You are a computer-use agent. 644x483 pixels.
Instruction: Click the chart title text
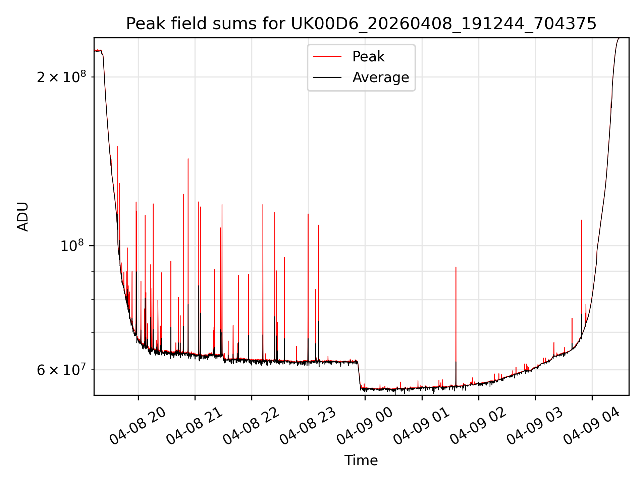[x=361, y=24]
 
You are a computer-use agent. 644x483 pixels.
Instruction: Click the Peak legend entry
[x=368, y=57]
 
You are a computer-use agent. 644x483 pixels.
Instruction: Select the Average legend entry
[x=380, y=77]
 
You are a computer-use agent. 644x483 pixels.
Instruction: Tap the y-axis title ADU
[x=23, y=217]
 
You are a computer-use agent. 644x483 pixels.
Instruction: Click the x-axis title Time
[x=361, y=461]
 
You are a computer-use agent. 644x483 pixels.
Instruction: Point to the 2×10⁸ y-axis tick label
[x=61, y=77]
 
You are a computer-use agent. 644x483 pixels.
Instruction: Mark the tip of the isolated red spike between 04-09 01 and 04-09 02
[x=456, y=267]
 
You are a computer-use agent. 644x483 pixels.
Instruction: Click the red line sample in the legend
[x=327, y=57]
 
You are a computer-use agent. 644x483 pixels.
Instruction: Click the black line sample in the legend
[x=327, y=77]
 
